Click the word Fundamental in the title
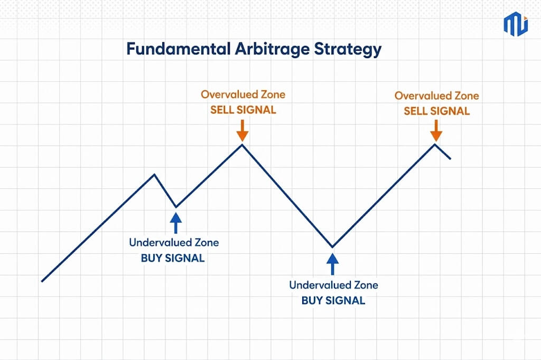[x=178, y=49]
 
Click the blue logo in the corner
[x=516, y=24]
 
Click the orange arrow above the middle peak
[x=242, y=130]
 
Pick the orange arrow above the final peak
[x=436, y=130]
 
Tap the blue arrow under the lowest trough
[x=333, y=264]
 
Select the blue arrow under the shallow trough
[x=176, y=223]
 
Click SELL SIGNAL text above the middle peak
[x=243, y=110]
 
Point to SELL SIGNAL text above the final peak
[x=437, y=111]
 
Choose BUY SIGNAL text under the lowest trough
[x=333, y=300]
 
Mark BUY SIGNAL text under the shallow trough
[x=173, y=258]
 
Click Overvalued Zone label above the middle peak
[x=243, y=94]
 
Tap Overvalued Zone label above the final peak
[x=437, y=96]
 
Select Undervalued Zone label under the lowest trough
[x=334, y=285]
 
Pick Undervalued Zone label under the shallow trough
[x=174, y=242]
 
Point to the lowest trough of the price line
[x=333, y=247]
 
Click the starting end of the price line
[x=42, y=281]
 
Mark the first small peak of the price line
[x=154, y=175]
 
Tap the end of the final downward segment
[x=450, y=158]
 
